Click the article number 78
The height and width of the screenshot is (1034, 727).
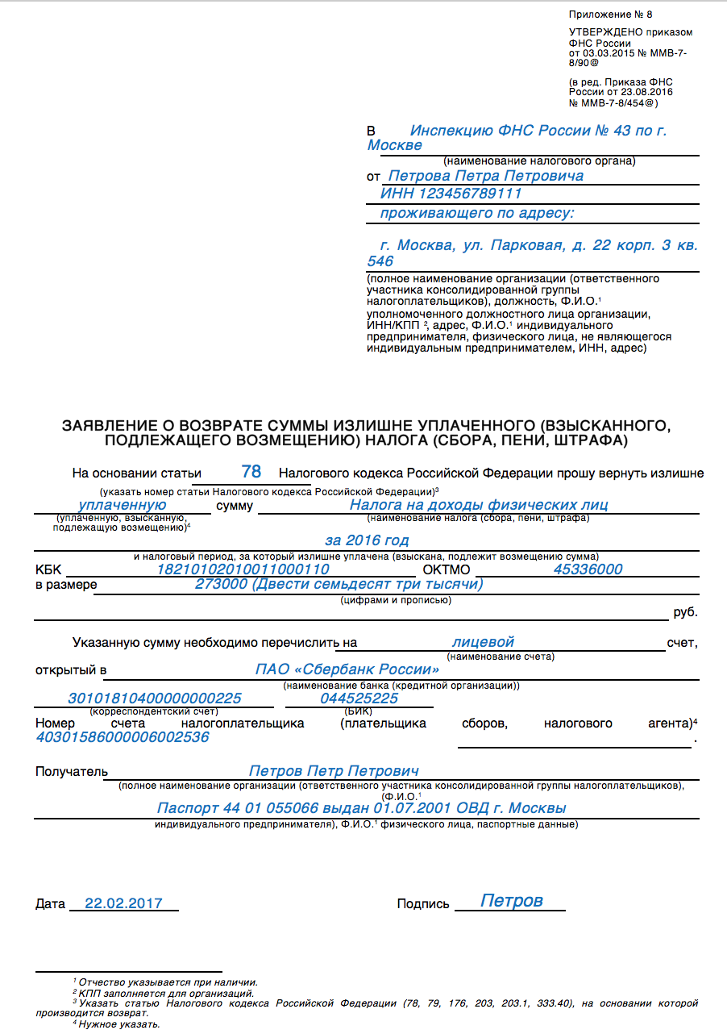click(251, 472)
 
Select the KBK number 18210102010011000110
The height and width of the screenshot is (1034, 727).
click(243, 569)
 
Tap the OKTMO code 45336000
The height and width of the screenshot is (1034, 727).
click(588, 569)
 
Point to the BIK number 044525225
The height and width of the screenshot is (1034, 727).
click(359, 698)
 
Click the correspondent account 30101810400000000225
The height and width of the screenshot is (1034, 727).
click(155, 698)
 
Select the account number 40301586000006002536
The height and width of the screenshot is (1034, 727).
click(123, 736)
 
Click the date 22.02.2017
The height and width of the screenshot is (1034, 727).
click(123, 903)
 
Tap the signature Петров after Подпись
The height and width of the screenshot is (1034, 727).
click(512, 901)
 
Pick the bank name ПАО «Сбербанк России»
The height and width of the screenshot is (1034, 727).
click(347, 669)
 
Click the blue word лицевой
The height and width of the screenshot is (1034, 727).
click(483, 642)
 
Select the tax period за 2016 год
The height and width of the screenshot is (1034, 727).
click(367, 540)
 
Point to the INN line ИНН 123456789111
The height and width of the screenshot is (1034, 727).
click(451, 194)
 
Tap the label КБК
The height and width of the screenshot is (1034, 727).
click(48, 569)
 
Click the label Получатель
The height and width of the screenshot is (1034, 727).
click(71, 772)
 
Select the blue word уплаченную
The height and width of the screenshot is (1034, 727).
click(123, 505)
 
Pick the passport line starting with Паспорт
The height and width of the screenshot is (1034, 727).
click(361, 808)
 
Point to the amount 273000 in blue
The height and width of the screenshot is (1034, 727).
click(221, 584)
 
